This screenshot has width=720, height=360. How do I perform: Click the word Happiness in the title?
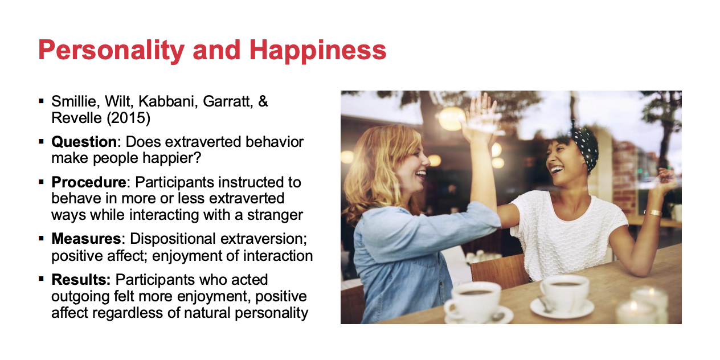(x=318, y=51)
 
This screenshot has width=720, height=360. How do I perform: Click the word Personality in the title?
(x=111, y=51)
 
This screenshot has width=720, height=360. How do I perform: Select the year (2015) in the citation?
(x=129, y=118)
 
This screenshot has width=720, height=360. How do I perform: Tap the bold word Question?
(x=84, y=142)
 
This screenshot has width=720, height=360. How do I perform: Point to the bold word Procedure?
(x=89, y=182)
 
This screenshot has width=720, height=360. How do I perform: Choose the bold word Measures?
(x=86, y=239)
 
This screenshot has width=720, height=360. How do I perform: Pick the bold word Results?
(x=81, y=280)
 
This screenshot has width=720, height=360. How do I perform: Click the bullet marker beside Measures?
(x=41, y=239)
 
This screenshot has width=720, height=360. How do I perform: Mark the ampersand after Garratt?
(x=263, y=101)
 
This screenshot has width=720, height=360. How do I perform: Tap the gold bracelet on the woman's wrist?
(x=654, y=212)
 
